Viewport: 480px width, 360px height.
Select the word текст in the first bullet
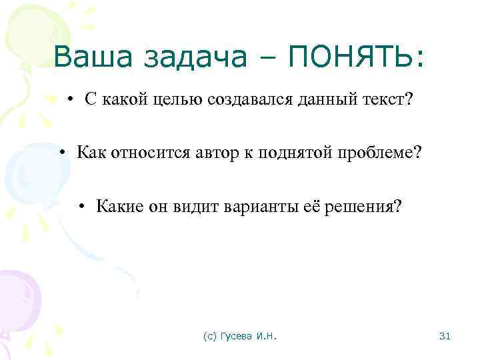(x=389, y=100)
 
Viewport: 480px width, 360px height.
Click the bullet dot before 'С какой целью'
(x=70, y=101)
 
